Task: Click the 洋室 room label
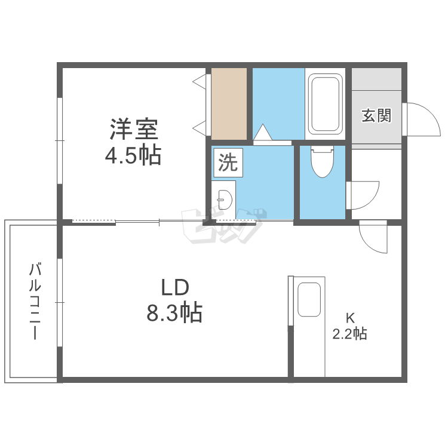tap(133, 130)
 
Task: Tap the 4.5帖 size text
tap(133, 156)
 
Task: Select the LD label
tap(174, 288)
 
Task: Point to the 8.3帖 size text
tap(174, 312)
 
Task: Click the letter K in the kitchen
tap(349, 317)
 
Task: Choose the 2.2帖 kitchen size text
tap(349, 334)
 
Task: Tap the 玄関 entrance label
tap(376, 115)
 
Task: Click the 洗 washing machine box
tap(227, 163)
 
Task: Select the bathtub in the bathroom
tap(325, 104)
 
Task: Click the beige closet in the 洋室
tap(229, 103)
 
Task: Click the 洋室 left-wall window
tap(60, 140)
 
